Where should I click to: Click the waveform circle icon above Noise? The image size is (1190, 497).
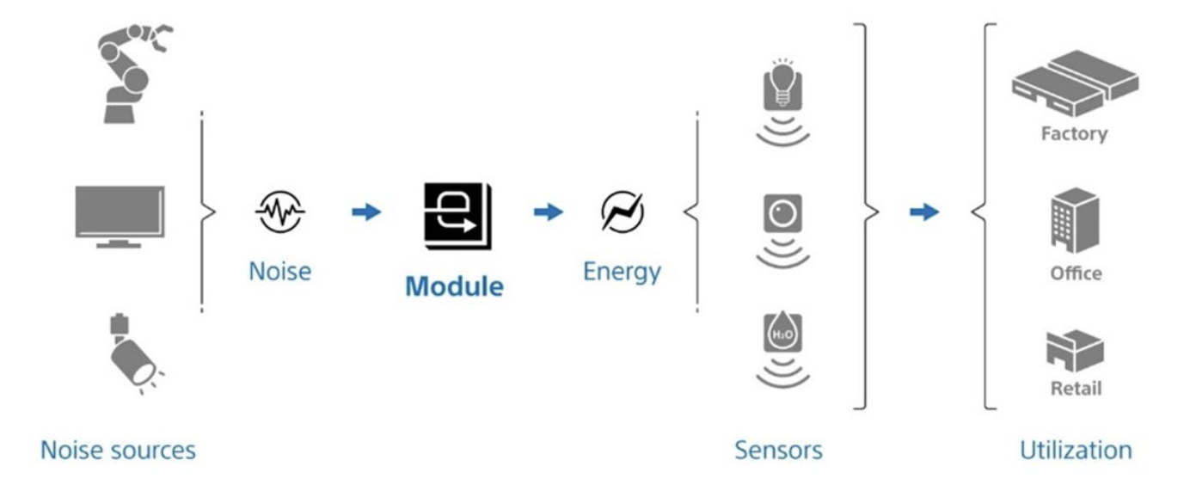(279, 212)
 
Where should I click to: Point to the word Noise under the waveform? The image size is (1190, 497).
(279, 271)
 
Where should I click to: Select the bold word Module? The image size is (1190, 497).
(454, 286)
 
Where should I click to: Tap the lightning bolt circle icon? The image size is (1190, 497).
(622, 212)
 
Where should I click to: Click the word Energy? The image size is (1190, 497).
(622, 273)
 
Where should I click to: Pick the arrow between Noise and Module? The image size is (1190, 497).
(366, 212)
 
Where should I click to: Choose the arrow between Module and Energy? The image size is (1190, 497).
(547, 212)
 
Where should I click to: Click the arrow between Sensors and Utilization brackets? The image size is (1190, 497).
(924, 212)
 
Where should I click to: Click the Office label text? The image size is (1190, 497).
(1075, 273)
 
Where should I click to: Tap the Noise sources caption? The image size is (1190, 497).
(118, 450)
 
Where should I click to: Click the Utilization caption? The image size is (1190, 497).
(1075, 450)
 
